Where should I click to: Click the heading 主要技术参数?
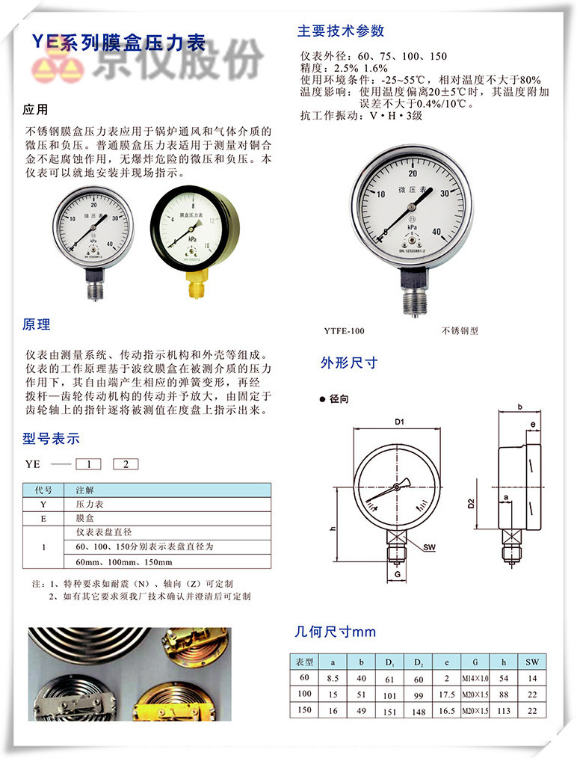click(x=341, y=31)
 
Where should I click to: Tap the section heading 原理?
click(x=37, y=324)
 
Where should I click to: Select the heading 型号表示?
click(x=51, y=439)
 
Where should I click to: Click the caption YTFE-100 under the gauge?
click(x=345, y=330)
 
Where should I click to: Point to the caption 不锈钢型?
click(x=460, y=330)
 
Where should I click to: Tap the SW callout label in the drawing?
click(x=429, y=547)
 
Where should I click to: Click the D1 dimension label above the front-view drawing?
click(x=400, y=423)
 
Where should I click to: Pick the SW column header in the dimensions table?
click(x=531, y=662)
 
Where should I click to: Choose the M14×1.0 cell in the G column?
click(x=475, y=679)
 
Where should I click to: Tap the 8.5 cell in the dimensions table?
click(x=333, y=679)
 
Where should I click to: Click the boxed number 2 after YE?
click(x=126, y=464)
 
